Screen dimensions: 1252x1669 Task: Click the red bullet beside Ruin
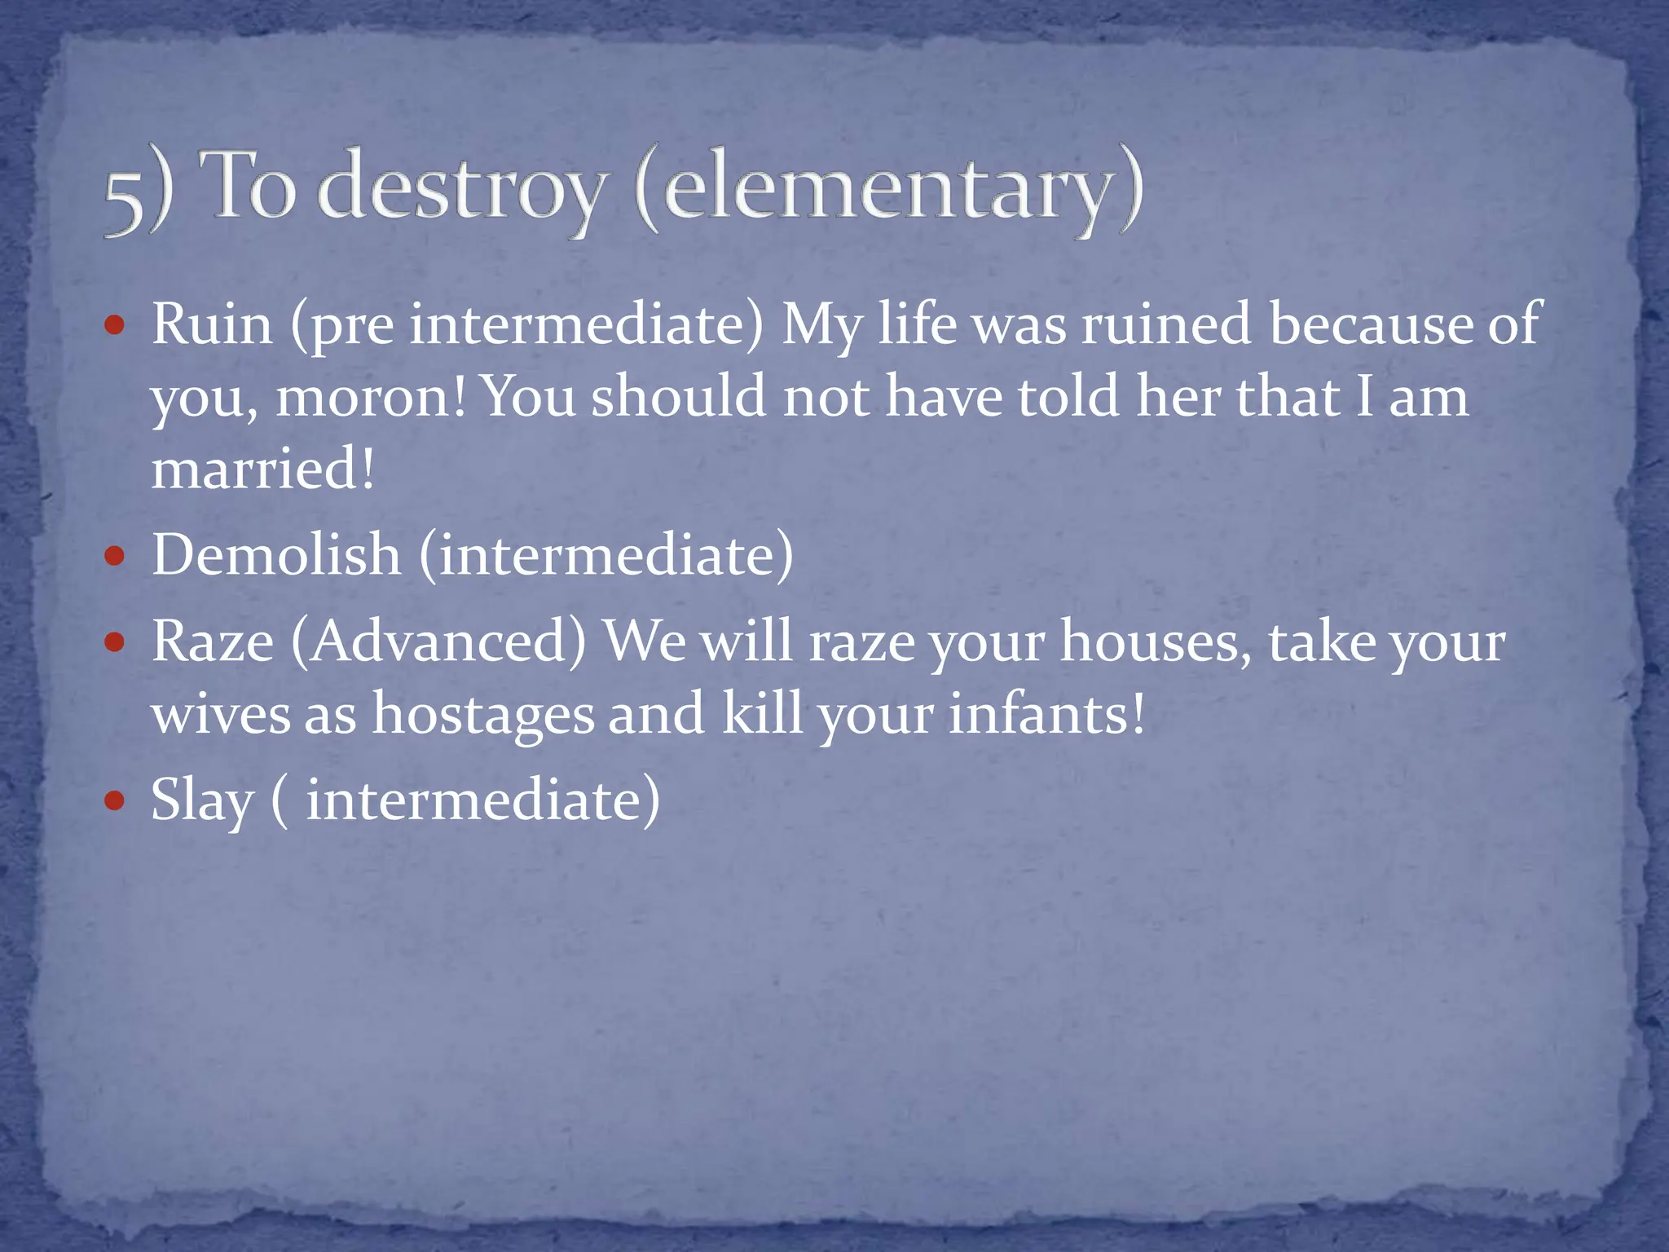tap(115, 327)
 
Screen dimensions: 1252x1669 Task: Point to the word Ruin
tap(212, 324)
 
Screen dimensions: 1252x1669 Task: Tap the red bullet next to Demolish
tap(115, 558)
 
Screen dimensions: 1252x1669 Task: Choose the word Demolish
tap(276, 555)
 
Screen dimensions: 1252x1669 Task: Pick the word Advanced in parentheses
tap(438, 641)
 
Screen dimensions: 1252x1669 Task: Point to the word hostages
tap(483, 714)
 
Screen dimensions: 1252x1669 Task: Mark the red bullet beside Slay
tap(115, 801)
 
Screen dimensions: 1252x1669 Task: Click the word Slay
tap(202, 800)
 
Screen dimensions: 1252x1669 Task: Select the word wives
tap(220, 714)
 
